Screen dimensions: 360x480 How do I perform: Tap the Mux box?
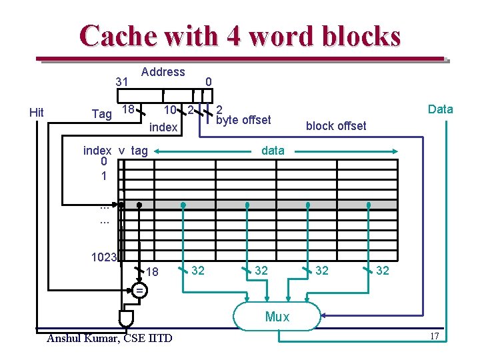pos(277,316)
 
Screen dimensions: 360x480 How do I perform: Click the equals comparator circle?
pos(139,291)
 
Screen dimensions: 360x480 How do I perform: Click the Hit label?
pos(37,113)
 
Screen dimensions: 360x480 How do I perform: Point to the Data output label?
pos(440,109)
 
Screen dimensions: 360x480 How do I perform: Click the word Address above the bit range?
pos(163,72)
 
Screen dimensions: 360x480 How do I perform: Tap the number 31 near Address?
pos(121,82)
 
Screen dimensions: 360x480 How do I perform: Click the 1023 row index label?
pos(105,257)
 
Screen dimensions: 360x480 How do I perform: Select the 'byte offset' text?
pos(244,120)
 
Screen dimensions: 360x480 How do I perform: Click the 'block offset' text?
pos(336,126)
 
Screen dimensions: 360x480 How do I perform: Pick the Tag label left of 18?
pos(101,114)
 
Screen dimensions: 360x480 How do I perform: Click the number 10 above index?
pos(170,110)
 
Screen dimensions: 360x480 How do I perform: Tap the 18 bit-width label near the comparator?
pos(153,272)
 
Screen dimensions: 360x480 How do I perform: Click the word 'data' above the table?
pos(273,151)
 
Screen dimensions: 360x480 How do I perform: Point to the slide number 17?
pos(434,336)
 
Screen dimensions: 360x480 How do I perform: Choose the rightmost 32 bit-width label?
pos(382,271)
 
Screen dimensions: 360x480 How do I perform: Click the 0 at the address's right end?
pos(208,82)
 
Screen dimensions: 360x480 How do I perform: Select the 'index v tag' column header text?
pos(115,151)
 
